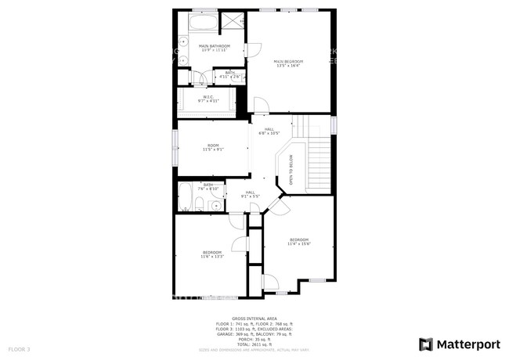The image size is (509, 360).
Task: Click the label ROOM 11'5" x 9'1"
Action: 213,147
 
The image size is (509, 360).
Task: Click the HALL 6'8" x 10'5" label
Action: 269,131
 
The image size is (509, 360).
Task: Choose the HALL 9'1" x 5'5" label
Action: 251,193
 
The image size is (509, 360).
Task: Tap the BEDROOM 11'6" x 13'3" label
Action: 212,254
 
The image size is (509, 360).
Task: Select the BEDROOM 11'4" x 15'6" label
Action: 300,242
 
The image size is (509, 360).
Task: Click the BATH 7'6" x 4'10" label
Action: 208,187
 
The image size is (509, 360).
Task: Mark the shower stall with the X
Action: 233,22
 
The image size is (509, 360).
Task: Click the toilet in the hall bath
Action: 200,206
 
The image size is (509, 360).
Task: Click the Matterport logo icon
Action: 427,344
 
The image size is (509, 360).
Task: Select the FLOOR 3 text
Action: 19,348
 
